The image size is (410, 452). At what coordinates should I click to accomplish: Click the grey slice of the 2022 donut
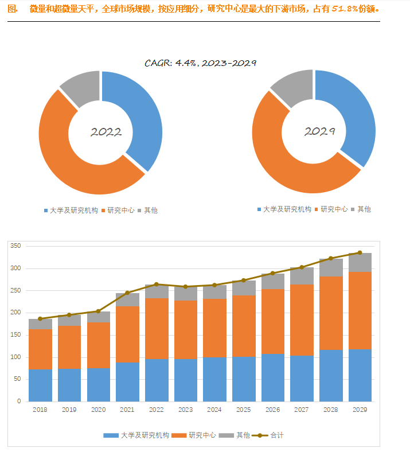click(x=83, y=88)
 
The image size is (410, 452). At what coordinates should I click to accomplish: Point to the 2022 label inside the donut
click(x=106, y=132)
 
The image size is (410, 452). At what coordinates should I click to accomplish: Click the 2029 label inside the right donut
click(x=319, y=131)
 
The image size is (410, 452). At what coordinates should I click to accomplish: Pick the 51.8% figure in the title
click(x=345, y=9)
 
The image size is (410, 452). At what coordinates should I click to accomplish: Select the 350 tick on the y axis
click(x=15, y=246)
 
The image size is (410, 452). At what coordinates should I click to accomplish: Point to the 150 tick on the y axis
click(x=15, y=334)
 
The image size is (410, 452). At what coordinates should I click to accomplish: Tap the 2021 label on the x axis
click(x=127, y=410)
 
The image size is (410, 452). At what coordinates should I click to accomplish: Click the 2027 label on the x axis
click(x=302, y=410)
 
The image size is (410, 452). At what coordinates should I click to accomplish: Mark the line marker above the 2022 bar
click(x=157, y=285)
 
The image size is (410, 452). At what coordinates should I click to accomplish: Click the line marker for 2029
click(x=360, y=252)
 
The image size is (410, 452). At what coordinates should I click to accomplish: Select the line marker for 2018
click(x=40, y=318)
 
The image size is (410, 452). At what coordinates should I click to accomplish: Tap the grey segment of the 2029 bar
click(x=360, y=262)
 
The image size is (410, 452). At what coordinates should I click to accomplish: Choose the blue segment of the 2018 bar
click(x=40, y=385)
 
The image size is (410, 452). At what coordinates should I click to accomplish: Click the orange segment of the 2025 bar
click(x=244, y=326)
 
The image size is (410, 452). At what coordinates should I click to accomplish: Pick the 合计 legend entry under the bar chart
click(x=268, y=435)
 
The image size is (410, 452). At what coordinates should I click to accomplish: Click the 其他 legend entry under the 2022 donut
click(x=148, y=211)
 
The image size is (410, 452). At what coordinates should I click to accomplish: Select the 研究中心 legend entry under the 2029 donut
click(x=331, y=209)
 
